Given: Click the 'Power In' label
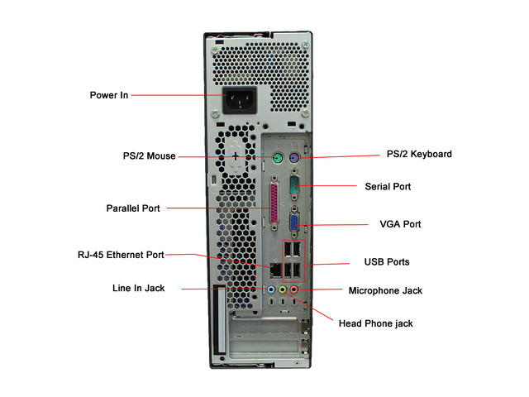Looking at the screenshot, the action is pyautogui.click(x=109, y=95).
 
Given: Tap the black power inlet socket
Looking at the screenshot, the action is pyautogui.click(x=240, y=100).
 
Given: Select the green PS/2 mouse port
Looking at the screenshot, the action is pyautogui.click(x=278, y=157).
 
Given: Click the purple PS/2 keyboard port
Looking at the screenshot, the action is pyautogui.click(x=294, y=157).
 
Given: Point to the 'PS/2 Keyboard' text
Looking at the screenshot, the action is pyautogui.click(x=419, y=154).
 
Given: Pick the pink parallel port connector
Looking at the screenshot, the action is pyautogui.click(x=274, y=203).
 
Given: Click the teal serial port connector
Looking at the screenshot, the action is pyautogui.click(x=294, y=186).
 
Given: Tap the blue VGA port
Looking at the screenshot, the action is pyautogui.click(x=294, y=222).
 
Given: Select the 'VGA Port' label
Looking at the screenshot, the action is pyautogui.click(x=400, y=224).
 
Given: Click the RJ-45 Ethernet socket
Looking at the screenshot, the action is pyautogui.click(x=275, y=270).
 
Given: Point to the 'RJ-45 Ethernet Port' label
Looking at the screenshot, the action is pyautogui.click(x=121, y=255).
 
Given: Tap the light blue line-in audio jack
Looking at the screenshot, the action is pyautogui.click(x=271, y=289).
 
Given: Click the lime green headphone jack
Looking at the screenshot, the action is pyautogui.click(x=283, y=289).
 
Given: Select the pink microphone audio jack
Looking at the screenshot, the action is pyautogui.click(x=294, y=289).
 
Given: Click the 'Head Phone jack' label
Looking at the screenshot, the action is pyautogui.click(x=375, y=323).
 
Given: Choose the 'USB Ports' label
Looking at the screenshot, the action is pyautogui.click(x=387, y=262).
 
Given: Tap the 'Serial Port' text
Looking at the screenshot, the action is pyautogui.click(x=388, y=186).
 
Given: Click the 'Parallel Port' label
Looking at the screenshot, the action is pyautogui.click(x=133, y=208).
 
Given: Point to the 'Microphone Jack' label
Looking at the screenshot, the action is pyautogui.click(x=385, y=290).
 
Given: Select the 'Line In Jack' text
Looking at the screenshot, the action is pyautogui.click(x=138, y=288).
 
